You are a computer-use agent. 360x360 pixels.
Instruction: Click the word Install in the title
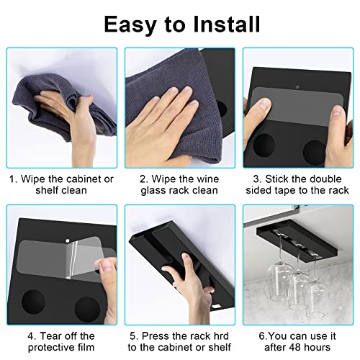tap(227, 24)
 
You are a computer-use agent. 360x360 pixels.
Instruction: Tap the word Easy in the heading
tap(130, 25)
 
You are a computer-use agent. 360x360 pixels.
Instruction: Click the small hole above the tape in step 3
tap(297, 86)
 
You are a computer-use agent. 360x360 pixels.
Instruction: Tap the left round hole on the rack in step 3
tap(264, 145)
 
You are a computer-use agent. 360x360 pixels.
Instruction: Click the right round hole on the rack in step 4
tap(87, 310)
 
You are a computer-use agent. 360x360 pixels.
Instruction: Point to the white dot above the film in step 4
tap(68, 240)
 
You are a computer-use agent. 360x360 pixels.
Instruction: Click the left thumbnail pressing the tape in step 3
tap(266, 104)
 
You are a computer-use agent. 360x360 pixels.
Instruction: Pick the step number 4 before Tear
tap(31, 336)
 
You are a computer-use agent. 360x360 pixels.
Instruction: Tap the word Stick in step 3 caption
tap(276, 179)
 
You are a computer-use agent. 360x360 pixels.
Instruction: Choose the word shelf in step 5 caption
tap(218, 347)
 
